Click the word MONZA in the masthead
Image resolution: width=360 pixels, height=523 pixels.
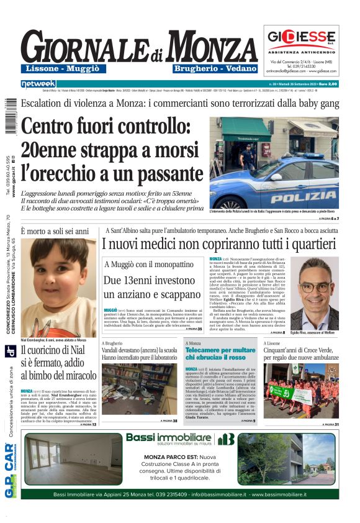click(211, 48)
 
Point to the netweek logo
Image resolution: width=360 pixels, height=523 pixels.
click(38, 84)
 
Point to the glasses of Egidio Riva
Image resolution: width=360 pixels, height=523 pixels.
click(315, 287)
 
